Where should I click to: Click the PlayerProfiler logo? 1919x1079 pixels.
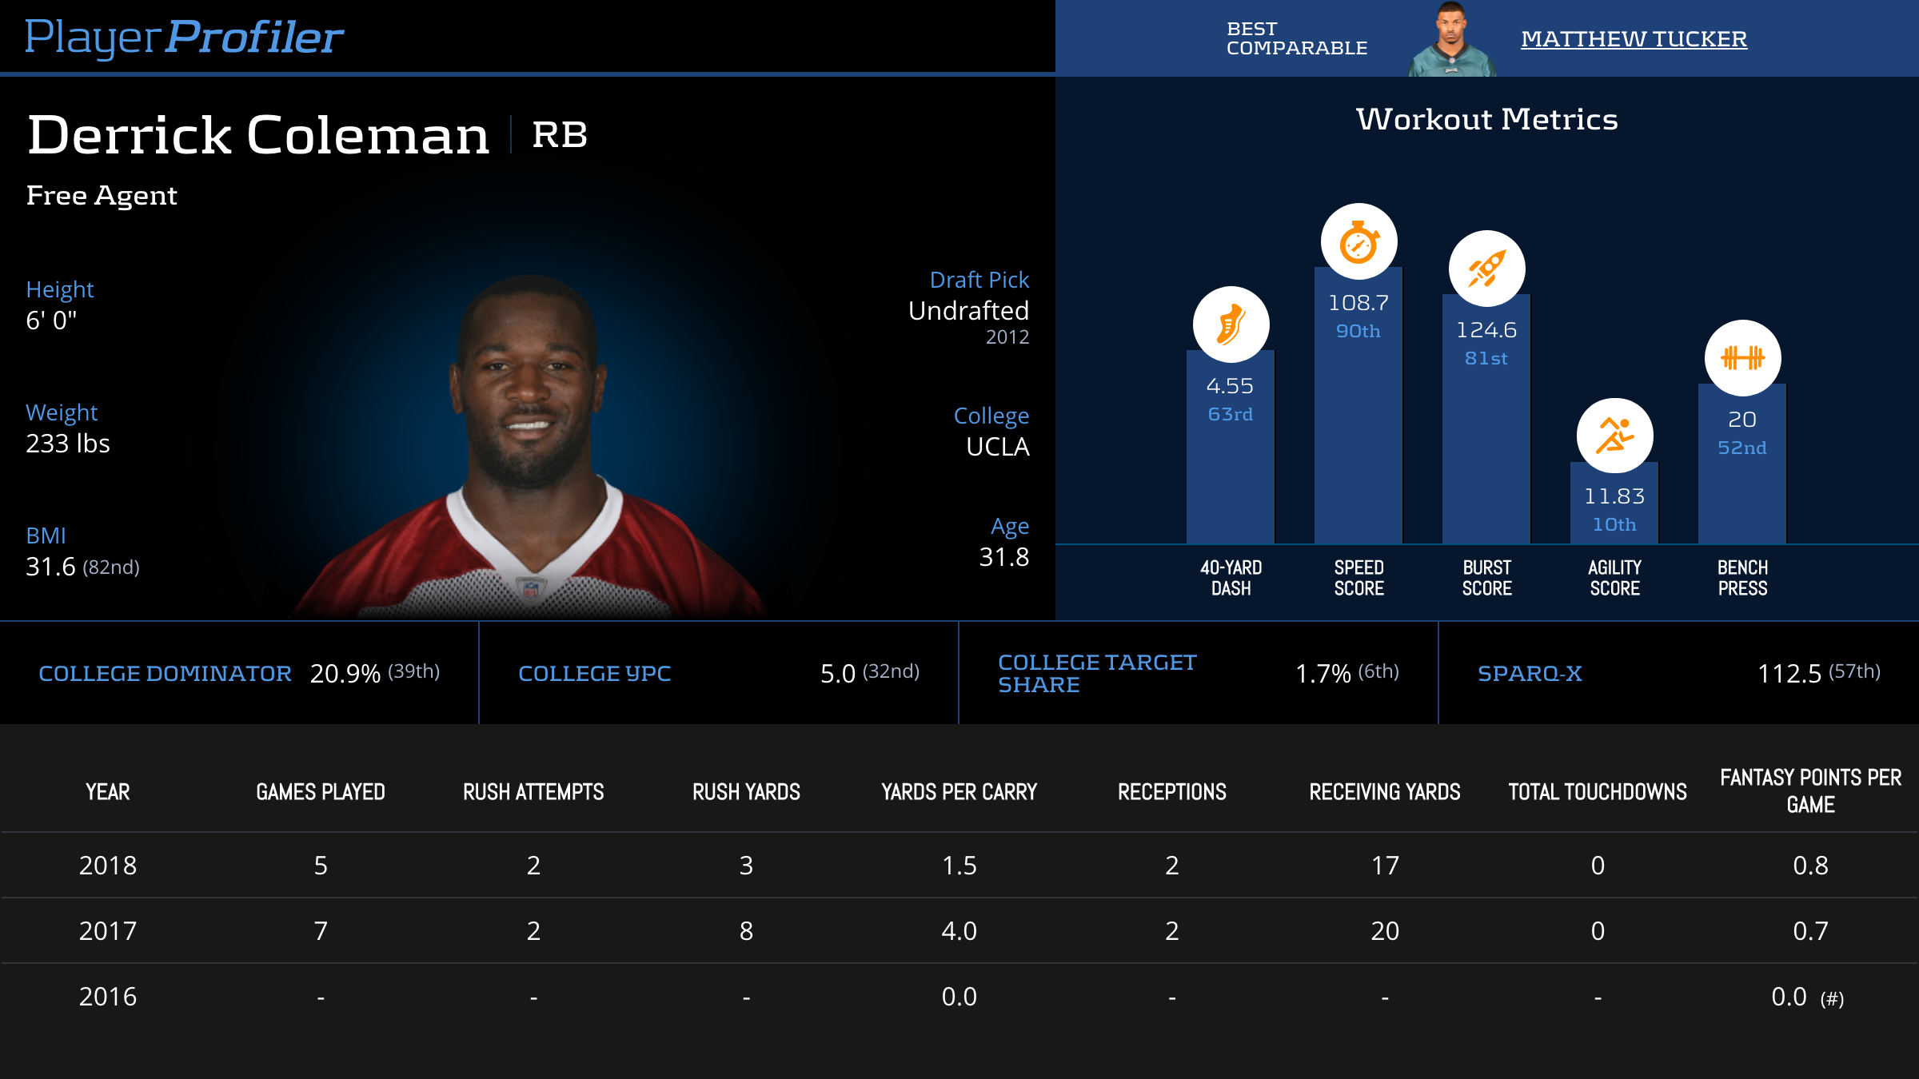point(184,38)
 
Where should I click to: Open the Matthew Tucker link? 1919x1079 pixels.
point(1634,39)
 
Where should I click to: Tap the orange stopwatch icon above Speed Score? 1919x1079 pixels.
point(1358,242)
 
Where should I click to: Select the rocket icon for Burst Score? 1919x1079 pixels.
point(1486,269)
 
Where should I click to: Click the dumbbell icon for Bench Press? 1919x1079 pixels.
point(1742,358)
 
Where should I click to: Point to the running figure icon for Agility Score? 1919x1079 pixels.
point(1614,436)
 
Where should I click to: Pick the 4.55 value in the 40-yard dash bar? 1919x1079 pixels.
point(1230,387)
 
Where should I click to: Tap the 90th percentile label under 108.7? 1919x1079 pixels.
point(1358,332)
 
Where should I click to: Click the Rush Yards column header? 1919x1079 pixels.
point(746,792)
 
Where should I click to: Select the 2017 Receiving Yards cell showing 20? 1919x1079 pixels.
point(1385,931)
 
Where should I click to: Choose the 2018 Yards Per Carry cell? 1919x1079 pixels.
point(959,866)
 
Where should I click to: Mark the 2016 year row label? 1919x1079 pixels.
point(108,997)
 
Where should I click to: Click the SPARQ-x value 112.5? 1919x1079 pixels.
point(1789,674)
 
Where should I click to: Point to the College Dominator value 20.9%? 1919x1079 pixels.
point(345,674)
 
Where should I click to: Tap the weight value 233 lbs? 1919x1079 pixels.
point(68,444)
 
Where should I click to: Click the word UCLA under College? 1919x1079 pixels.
point(997,447)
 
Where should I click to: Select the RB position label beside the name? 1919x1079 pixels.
point(560,134)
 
